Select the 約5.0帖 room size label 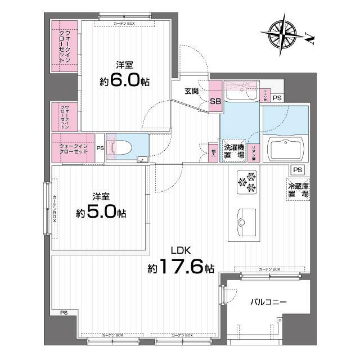(x=101, y=213)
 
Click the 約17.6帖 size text (x=181, y=268)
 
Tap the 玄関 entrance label (x=191, y=92)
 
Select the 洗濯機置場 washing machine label (x=233, y=150)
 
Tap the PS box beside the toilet (x=100, y=148)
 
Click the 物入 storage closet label (x=214, y=152)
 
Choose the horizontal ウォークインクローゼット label (x=73, y=148)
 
